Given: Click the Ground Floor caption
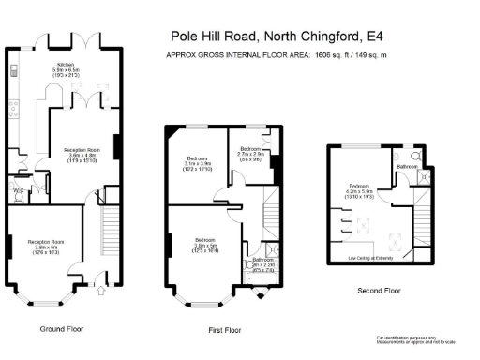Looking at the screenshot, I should click(x=62, y=329).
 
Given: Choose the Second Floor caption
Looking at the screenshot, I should click(x=379, y=291).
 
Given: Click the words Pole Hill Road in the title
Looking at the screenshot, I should click(x=215, y=37).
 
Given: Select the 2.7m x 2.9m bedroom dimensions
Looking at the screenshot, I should click(x=250, y=155).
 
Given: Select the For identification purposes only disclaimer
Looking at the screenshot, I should click(x=409, y=338).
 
